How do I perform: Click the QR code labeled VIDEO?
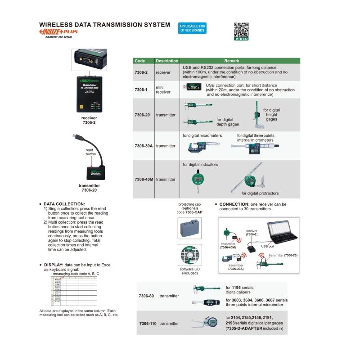click(241, 31)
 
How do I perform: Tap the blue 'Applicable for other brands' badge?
click(192, 28)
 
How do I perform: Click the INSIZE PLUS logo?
click(59, 32)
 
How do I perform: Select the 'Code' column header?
click(140, 61)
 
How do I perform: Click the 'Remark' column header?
click(232, 61)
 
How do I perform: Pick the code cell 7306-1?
click(141, 90)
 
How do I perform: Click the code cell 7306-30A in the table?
click(144, 146)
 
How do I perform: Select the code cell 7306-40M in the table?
click(144, 179)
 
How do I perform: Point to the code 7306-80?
click(146, 296)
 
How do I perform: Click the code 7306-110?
click(148, 324)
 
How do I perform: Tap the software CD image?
click(189, 255)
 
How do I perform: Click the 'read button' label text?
click(91, 152)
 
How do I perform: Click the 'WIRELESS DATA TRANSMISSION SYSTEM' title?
click(104, 25)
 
